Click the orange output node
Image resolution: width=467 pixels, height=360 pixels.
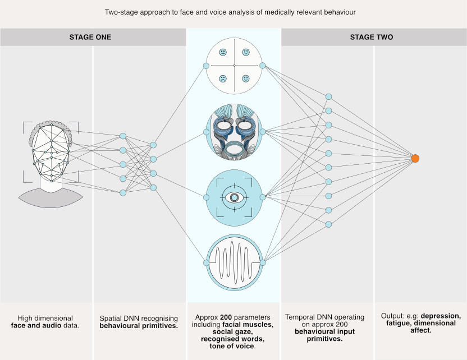coord(415,159)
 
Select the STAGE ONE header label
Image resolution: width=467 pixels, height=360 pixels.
coord(90,37)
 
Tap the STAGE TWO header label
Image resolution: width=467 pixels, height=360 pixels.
coord(372,37)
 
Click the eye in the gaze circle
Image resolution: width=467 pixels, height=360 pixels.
coord(234,197)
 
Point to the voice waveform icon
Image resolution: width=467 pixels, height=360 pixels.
coord(234,261)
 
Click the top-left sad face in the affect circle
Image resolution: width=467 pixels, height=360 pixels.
coord(223,52)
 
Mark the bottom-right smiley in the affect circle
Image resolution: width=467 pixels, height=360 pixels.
coord(246,79)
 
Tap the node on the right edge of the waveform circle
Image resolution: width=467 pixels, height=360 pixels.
coord(262,262)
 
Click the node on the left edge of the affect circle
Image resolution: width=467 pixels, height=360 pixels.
coord(206,66)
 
